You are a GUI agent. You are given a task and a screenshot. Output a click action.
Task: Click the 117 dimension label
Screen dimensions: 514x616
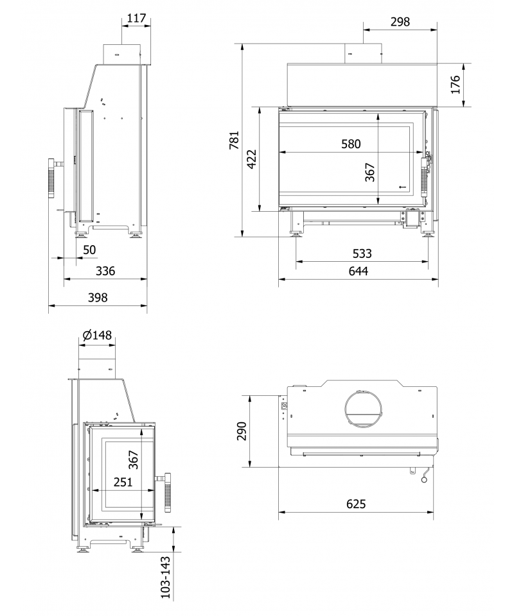click(136, 18)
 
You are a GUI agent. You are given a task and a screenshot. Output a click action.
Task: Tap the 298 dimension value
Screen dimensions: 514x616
click(400, 22)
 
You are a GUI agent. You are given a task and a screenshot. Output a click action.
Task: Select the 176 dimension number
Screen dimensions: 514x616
click(455, 85)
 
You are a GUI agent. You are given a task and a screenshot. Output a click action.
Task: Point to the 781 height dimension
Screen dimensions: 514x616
click(234, 141)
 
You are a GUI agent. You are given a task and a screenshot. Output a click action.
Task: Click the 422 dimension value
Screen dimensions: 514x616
click(252, 158)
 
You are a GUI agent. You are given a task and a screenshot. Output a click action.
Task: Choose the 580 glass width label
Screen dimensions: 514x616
click(351, 144)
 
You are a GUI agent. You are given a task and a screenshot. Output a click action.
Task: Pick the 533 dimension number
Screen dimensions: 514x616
click(362, 253)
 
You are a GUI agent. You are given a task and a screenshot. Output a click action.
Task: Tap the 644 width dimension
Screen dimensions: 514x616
click(359, 271)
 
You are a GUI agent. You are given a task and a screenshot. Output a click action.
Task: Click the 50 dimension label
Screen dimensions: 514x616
click(90, 250)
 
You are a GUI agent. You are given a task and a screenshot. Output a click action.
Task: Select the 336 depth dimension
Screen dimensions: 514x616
click(105, 271)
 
